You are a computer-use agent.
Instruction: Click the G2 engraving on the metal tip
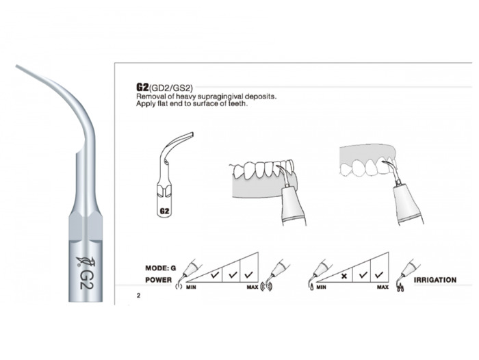pos(86,279)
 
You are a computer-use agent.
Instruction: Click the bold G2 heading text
pos(142,88)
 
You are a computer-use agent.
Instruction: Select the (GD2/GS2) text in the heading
pos(170,88)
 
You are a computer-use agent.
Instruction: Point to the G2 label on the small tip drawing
pos(164,211)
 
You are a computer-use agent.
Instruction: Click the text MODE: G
pos(161,268)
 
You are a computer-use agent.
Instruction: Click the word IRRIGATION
pos(435,280)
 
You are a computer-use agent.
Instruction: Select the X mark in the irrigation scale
pos(344,276)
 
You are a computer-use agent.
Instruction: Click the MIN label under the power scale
pos(191,287)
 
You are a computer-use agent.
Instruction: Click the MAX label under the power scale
pos(253,287)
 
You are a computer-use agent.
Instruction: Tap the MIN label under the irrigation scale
pos(321,287)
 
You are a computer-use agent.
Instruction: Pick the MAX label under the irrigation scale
pos(383,287)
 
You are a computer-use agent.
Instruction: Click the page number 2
pos(138,296)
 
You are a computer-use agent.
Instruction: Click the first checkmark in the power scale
pos(215,274)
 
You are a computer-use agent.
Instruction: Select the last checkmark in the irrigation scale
pos(379,274)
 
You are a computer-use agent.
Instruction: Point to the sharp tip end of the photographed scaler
pos(16,66)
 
